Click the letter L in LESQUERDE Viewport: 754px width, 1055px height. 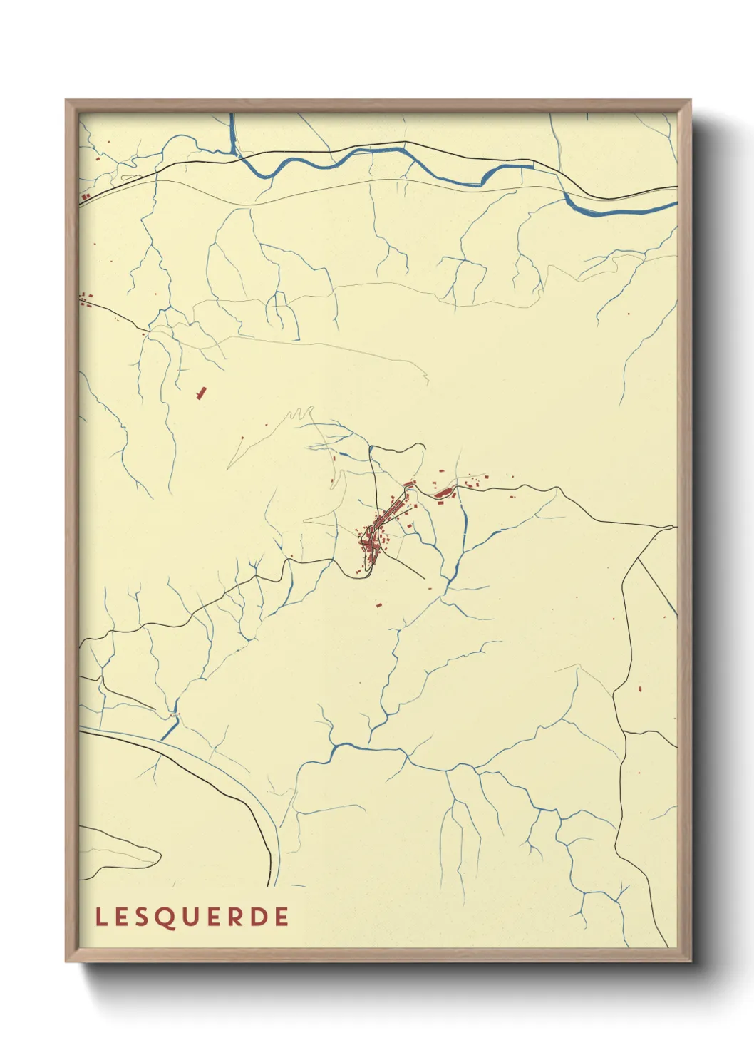coord(100,917)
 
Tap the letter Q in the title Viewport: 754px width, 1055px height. coord(165,917)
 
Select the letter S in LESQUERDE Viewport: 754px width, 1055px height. coord(143,917)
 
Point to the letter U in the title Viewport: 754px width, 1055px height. coord(190,917)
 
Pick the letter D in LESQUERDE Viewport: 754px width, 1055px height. coord(259,917)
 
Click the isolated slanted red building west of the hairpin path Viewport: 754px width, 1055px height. coord(201,392)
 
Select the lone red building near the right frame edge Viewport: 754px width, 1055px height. coord(640,689)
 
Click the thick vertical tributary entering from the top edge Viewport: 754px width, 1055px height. coord(232,132)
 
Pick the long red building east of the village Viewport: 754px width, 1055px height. coord(444,492)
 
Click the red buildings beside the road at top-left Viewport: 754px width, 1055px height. coord(86,195)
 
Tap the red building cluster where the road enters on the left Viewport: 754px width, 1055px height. coord(86,299)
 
